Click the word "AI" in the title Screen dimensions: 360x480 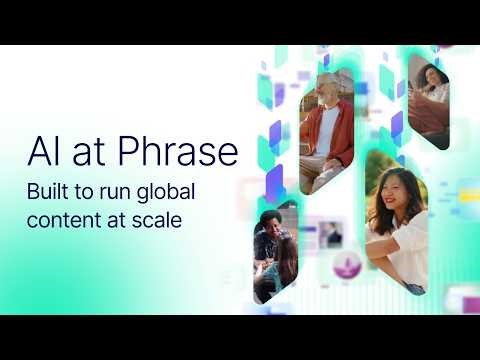(42, 151)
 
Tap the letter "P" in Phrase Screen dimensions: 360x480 (123, 152)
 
